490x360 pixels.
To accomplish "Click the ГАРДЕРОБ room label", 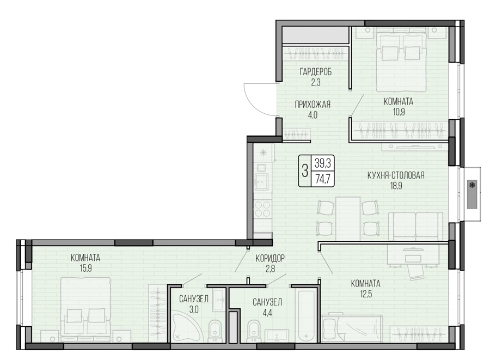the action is (316, 72).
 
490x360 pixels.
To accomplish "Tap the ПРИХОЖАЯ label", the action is (313, 105).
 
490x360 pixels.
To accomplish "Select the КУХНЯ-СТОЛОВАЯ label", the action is (396, 175).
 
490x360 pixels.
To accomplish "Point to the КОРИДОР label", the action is (270, 258).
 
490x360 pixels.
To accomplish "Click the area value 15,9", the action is (85, 269).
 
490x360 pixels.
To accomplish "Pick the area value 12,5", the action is (366, 294).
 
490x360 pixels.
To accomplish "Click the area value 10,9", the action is (399, 112).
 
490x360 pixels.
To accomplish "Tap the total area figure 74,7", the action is (322, 179).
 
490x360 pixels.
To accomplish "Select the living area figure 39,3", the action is (322, 163).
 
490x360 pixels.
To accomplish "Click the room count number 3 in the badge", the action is (305, 171).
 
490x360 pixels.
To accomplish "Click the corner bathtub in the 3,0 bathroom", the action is (187, 328).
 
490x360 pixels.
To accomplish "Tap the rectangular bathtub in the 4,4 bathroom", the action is (306, 316).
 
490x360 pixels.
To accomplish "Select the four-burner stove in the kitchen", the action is (263, 209).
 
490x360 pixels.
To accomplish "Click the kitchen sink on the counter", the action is (261, 181).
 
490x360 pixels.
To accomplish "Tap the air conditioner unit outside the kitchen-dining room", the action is (472, 194).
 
